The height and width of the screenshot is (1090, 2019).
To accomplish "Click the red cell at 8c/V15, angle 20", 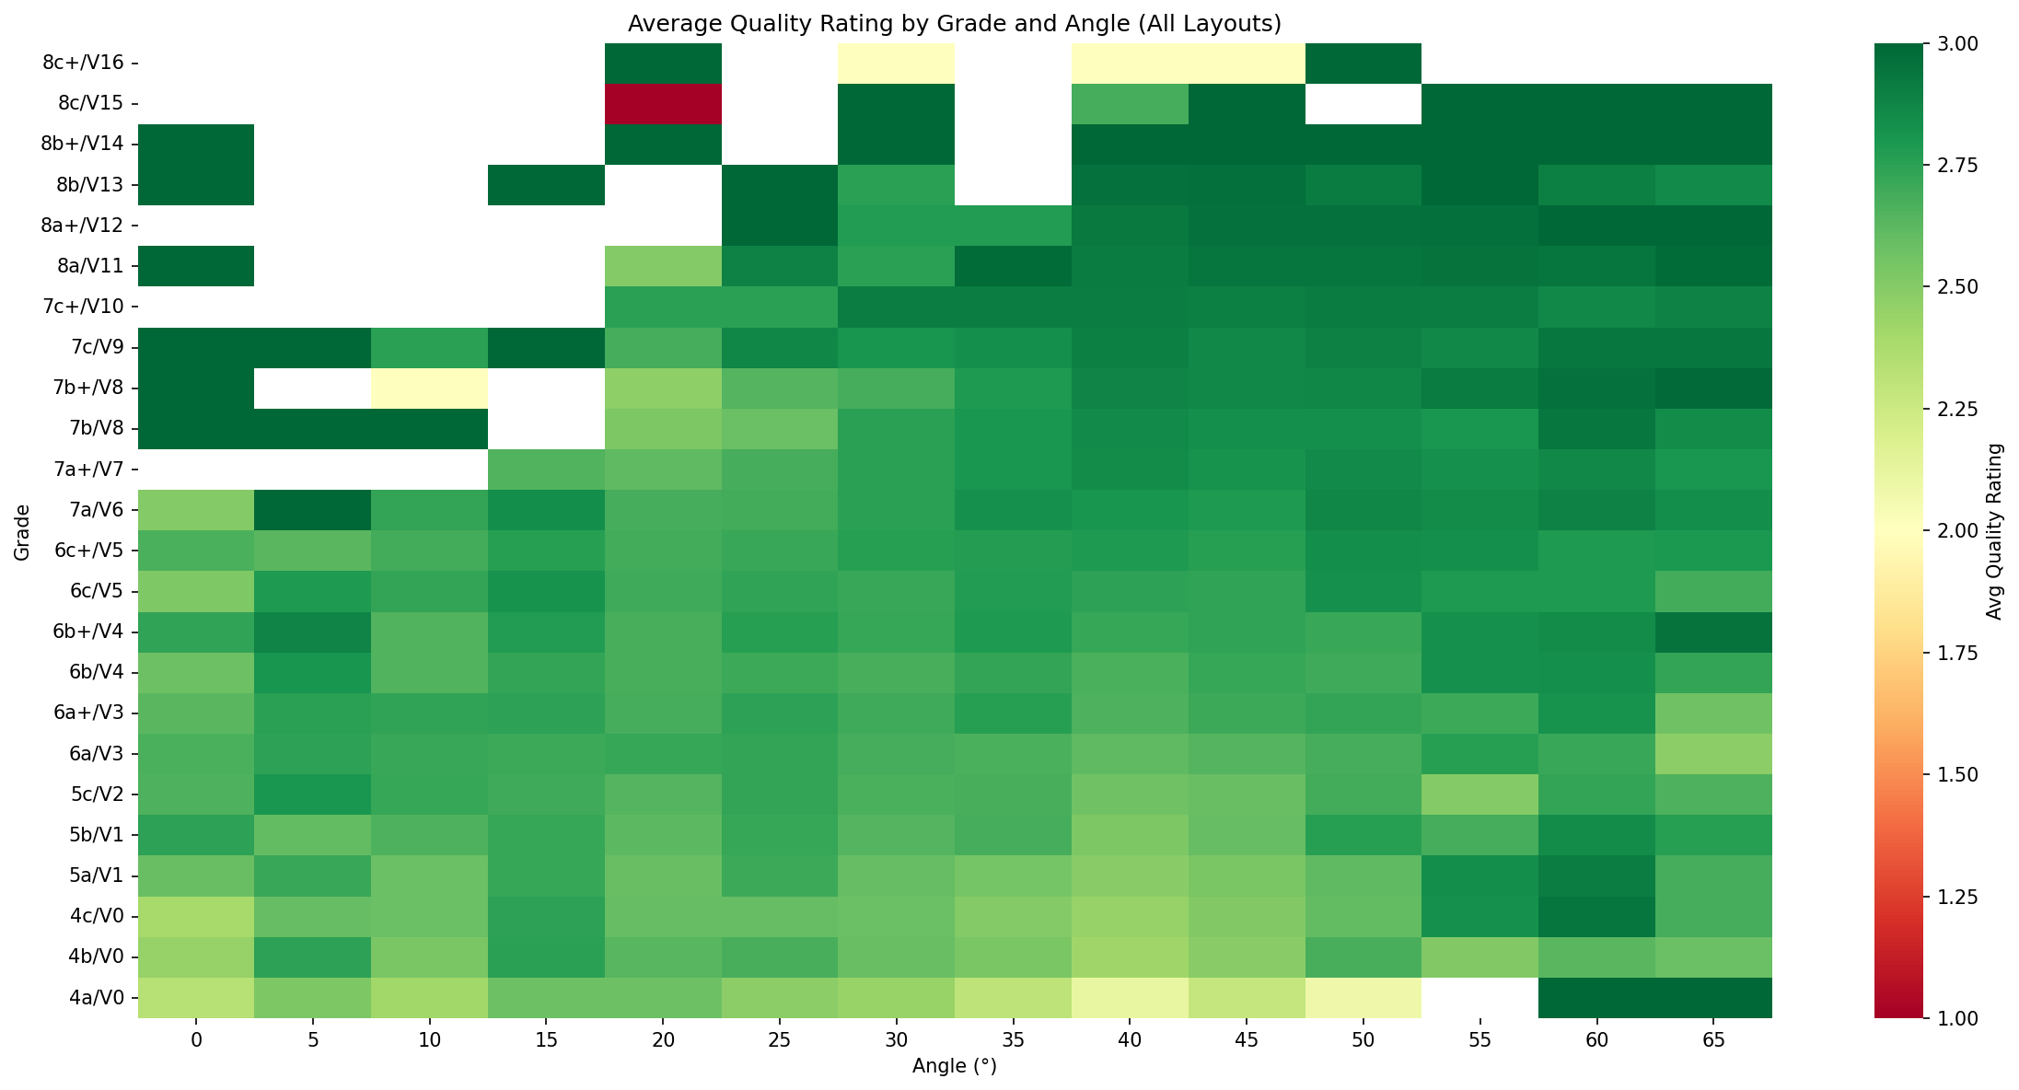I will pos(663,103).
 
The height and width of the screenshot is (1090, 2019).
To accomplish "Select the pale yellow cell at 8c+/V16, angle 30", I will pos(896,63).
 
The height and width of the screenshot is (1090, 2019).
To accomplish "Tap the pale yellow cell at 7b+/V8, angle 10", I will pos(429,388).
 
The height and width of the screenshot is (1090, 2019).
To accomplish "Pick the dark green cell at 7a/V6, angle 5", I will pos(312,509).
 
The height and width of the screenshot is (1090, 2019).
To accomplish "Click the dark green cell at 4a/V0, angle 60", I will pos(1596,997).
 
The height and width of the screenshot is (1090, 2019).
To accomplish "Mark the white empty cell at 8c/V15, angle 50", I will pos(1363,103).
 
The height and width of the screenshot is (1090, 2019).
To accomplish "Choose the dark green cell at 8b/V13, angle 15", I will pos(546,184).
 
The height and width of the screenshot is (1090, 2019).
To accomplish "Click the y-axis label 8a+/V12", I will pos(85,226).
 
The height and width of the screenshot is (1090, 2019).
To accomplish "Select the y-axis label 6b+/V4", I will pos(85,632).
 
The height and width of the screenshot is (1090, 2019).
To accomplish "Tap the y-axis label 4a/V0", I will pos(89,997).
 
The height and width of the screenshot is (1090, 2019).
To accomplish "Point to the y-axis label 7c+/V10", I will pos(85,307).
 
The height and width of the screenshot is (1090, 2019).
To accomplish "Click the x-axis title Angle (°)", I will pos(955,1067).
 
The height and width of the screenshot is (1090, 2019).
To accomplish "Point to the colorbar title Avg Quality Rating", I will pos(1994,531).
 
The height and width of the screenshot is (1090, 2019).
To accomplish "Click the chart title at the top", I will pos(955,24).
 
